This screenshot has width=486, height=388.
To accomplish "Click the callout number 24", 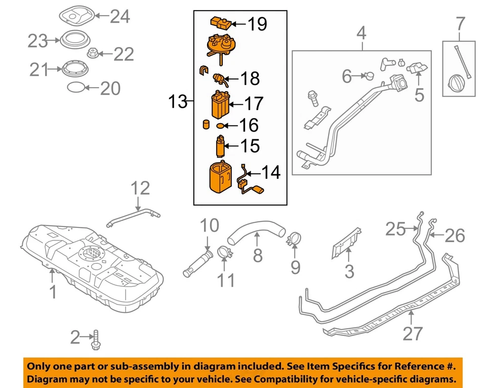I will pos(120,17).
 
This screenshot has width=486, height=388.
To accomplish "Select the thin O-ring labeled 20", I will pos(74,87).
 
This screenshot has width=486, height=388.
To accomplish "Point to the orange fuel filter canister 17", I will pos(219,105).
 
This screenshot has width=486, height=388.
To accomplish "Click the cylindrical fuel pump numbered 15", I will pos(220,146).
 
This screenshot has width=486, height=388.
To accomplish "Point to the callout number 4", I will pos(361,34).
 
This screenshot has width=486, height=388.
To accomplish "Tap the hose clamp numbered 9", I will pos(294,239).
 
